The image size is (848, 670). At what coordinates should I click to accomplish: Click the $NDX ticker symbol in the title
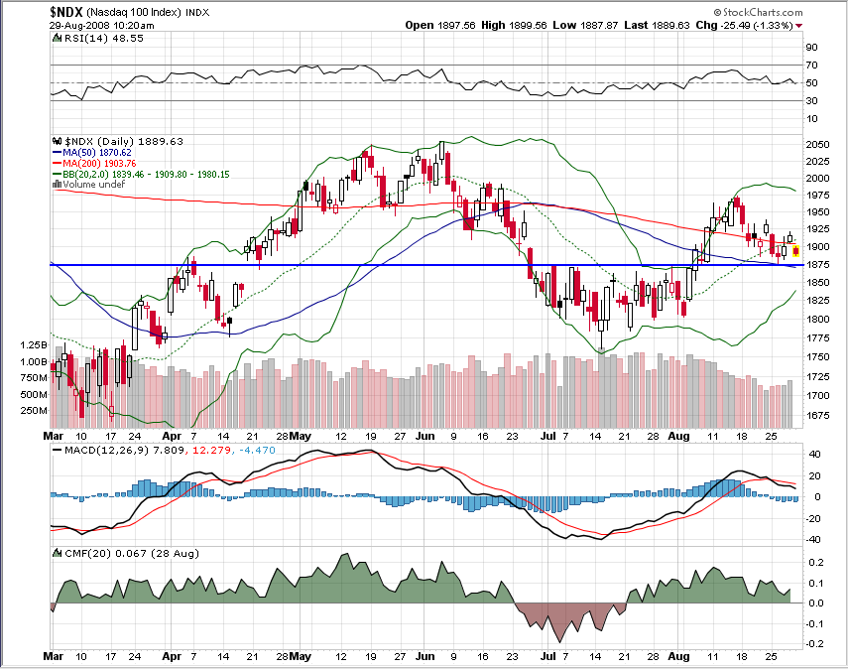[68, 11]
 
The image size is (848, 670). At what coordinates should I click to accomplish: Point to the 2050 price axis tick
[818, 145]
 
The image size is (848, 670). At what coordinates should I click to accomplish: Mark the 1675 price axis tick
[818, 417]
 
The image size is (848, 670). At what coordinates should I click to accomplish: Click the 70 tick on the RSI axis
[810, 66]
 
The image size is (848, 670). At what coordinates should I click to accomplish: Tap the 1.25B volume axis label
[33, 344]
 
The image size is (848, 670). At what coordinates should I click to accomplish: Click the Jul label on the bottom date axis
[548, 657]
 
